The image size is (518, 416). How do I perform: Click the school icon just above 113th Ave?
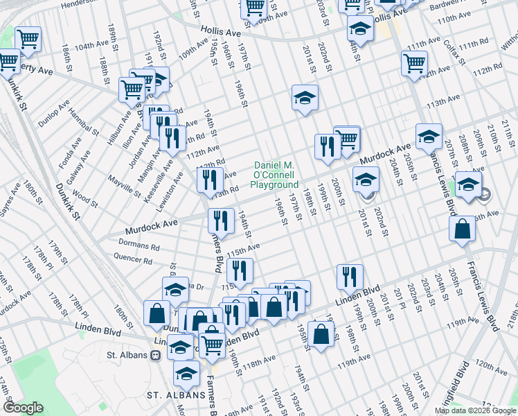pyautogui.click(x=304, y=98)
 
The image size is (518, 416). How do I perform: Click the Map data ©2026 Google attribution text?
pyautogui.click(x=475, y=410)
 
